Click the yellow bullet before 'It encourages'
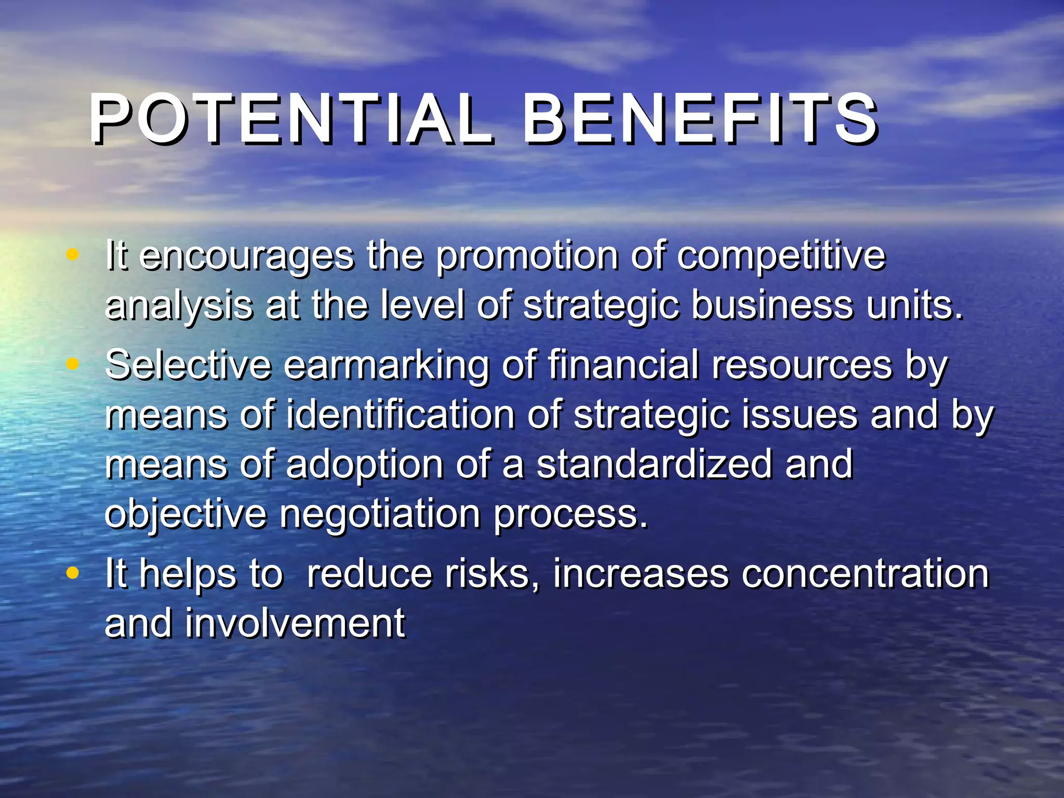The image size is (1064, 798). click(73, 255)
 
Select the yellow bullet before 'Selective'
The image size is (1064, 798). click(73, 364)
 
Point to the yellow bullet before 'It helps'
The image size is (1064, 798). click(73, 573)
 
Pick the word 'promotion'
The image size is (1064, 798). click(527, 257)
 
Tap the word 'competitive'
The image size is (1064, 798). click(781, 257)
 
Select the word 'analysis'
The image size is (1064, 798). click(179, 307)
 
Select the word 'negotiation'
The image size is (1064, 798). click(380, 515)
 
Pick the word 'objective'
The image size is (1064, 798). click(185, 515)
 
